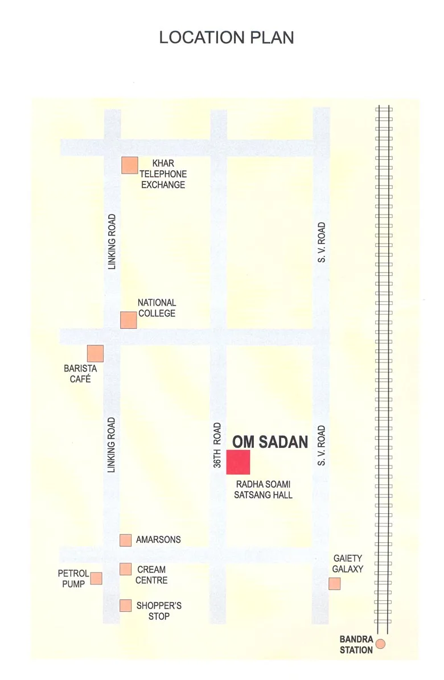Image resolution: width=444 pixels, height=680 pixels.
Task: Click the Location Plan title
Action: tap(227, 38)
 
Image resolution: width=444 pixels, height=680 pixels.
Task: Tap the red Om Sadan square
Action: tap(239, 461)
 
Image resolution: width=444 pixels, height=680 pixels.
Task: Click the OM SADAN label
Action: tap(270, 442)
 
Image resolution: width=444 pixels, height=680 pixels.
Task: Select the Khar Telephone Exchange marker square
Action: tap(130, 165)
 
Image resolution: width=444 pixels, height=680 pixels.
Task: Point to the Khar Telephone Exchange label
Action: tap(163, 174)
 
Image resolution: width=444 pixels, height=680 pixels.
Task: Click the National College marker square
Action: tap(129, 320)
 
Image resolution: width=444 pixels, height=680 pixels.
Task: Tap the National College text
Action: tap(157, 308)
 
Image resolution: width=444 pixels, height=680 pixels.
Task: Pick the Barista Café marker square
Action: tap(95, 353)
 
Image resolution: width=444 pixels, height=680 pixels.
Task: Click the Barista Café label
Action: tap(80, 373)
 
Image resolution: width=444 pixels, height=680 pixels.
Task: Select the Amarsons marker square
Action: tap(126, 540)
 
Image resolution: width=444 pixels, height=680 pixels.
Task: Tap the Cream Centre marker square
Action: tap(126, 569)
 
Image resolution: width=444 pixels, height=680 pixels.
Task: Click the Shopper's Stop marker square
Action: tap(126, 605)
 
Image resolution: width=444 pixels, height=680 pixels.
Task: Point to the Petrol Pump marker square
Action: tap(96, 578)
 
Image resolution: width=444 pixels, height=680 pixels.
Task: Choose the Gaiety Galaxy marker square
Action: tap(335, 583)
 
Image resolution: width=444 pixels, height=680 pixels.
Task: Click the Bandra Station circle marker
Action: tap(381, 644)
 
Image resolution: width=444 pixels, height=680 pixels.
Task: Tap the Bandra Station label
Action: tap(356, 644)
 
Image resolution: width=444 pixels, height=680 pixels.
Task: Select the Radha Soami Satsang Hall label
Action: tap(263, 489)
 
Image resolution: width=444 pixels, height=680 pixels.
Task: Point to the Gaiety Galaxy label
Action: tap(347, 564)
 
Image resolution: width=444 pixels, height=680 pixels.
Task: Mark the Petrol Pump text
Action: tap(73, 579)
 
